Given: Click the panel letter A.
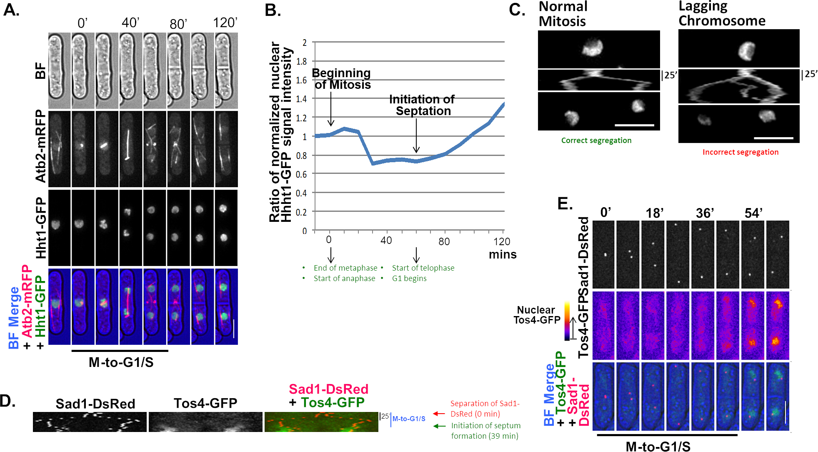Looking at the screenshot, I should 11,10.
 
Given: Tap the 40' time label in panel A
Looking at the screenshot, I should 130,23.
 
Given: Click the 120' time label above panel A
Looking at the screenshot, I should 225,23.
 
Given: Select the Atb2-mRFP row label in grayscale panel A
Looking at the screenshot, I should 40,146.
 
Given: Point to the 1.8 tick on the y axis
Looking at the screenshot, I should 302,61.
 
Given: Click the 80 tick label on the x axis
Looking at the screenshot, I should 444,241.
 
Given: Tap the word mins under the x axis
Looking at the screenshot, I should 503,254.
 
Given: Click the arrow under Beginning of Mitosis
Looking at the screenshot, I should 331,109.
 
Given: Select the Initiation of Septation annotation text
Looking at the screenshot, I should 422,105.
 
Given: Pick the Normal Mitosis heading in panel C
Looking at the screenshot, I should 563,14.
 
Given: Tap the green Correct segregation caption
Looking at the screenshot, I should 596,141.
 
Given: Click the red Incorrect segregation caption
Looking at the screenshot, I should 740,152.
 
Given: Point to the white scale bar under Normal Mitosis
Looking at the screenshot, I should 634,125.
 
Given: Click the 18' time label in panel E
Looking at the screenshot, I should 654,213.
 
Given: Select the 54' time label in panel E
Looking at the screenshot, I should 753,213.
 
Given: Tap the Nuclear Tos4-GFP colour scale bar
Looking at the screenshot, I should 567,321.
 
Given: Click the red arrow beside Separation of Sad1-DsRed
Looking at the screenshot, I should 439,414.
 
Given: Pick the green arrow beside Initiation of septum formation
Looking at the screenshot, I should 439,426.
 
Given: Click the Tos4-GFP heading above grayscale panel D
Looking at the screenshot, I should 205,403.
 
